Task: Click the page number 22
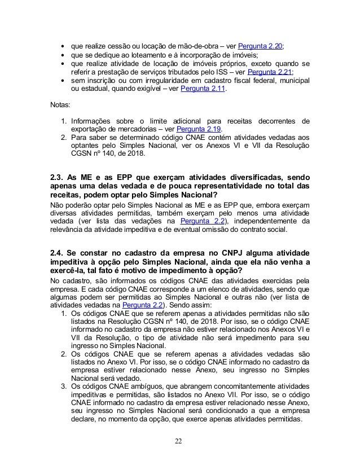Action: pos(180,441)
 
